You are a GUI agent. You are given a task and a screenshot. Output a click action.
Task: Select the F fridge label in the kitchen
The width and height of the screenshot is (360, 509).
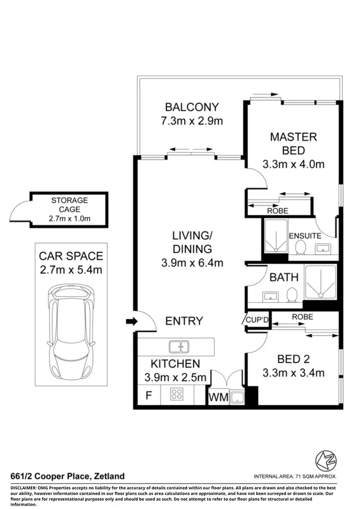coord(148,396)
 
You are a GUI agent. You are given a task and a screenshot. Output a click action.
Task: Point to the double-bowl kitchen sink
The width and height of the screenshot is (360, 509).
coord(179,345)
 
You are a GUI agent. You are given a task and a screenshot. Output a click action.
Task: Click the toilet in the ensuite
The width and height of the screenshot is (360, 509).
coord(301,248)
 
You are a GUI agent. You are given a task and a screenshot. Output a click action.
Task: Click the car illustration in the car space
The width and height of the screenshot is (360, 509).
coord(71,330)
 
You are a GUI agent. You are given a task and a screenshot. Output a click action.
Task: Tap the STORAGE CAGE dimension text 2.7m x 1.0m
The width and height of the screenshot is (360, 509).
coord(70,219)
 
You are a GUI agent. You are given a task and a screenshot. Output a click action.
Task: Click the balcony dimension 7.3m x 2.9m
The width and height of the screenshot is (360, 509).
coord(192,121)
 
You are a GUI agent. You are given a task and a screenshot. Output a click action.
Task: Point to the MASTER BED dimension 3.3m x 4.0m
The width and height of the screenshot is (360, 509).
coord(293,165)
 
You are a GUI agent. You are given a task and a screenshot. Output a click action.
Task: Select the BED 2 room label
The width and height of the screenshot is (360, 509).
coord(293,359)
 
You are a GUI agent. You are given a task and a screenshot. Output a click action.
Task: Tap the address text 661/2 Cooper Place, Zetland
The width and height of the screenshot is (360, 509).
coord(68,476)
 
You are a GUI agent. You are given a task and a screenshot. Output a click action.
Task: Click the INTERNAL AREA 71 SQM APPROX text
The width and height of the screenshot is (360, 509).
coord(295,477)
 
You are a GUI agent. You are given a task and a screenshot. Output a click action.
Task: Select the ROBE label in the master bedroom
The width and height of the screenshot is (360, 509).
coord(277,210)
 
